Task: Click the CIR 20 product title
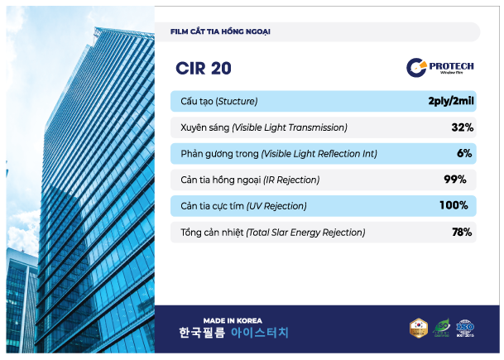[x=204, y=68]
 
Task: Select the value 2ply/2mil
[x=450, y=102]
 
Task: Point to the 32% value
[x=462, y=127]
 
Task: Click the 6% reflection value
[x=463, y=153]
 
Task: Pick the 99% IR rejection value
[x=455, y=179]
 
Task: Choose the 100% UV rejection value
[x=454, y=205]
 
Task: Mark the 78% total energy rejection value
[x=461, y=232]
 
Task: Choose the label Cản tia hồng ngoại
[x=249, y=180]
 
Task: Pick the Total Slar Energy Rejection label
[x=272, y=233]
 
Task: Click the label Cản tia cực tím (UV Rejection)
[x=243, y=205]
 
